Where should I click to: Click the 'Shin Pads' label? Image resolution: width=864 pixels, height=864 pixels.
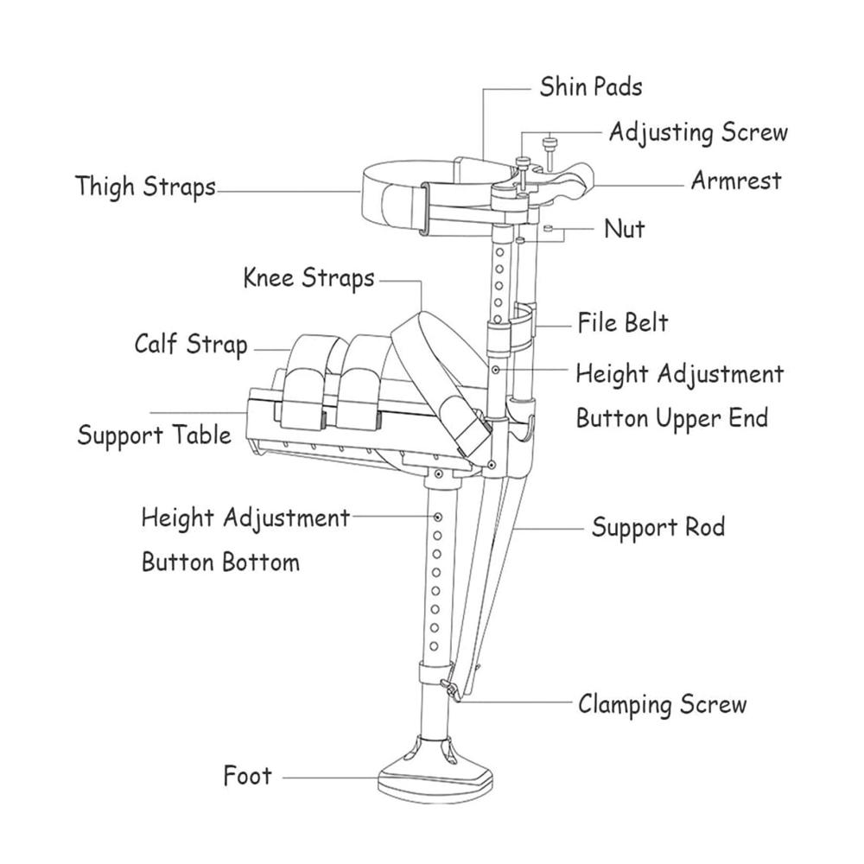pyautogui.click(x=591, y=87)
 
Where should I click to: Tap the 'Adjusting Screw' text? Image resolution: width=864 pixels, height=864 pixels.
pyautogui.click(x=698, y=133)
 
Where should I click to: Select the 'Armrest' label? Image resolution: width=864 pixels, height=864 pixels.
pyautogui.click(x=736, y=181)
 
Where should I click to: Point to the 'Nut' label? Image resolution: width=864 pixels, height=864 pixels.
pyautogui.click(x=625, y=228)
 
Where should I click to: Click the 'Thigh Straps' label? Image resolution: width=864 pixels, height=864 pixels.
pyautogui.click(x=145, y=187)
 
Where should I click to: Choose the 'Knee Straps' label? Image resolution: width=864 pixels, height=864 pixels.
pyautogui.click(x=308, y=277)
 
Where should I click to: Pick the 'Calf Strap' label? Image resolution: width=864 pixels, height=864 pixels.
pyautogui.click(x=191, y=345)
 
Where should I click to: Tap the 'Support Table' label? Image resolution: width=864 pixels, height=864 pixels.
pyautogui.click(x=155, y=435)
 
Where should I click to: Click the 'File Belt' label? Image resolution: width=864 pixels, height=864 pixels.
pyautogui.click(x=623, y=322)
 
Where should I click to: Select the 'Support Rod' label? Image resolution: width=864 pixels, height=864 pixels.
pyautogui.click(x=658, y=527)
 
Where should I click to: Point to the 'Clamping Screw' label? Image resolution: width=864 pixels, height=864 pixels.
pyautogui.click(x=663, y=704)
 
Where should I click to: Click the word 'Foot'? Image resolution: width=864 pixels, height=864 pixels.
pyautogui.click(x=247, y=776)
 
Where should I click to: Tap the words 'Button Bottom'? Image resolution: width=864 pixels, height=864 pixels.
pyautogui.click(x=220, y=562)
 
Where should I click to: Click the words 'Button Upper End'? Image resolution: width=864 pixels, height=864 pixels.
pyautogui.click(x=672, y=418)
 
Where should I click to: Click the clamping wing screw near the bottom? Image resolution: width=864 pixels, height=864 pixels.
pyautogui.click(x=451, y=689)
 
